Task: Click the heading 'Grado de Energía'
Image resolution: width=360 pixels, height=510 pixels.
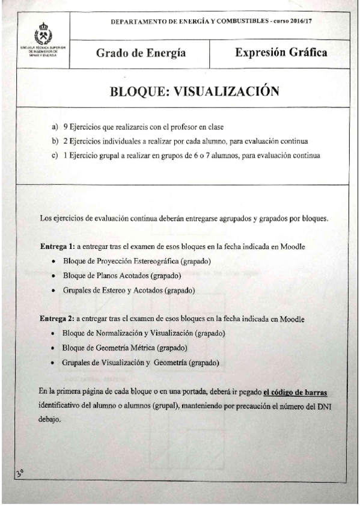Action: (141, 54)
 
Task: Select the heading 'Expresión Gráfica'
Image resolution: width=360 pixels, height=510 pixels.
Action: (281, 52)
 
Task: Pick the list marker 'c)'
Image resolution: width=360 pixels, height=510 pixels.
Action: (55, 156)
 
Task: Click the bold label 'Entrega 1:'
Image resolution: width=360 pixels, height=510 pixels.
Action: (56, 248)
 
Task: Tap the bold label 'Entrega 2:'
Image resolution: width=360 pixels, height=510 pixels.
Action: (56, 318)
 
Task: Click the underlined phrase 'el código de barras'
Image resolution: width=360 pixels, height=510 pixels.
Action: (296, 393)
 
